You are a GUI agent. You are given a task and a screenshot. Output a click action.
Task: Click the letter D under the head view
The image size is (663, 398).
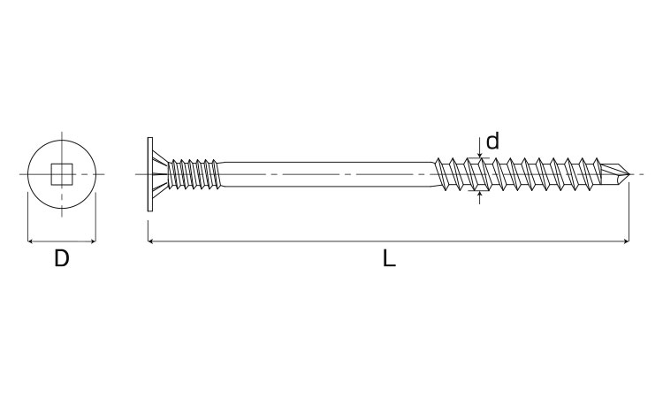click(62, 258)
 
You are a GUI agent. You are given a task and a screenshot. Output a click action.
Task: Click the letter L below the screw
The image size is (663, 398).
click(389, 258)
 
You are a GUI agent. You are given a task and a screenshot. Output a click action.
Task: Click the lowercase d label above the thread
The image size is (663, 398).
click(492, 141)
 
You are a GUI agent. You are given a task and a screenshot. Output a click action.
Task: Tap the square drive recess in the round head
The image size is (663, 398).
click(62, 174)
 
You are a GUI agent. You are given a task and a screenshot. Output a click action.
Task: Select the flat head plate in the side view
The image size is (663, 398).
click(149, 174)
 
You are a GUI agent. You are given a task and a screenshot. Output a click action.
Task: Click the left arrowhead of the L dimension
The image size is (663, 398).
click(150, 241)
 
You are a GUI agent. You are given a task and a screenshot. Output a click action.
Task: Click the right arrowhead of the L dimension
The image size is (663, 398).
click(627, 241)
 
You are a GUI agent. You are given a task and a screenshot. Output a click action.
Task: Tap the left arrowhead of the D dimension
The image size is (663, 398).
click(30, 241)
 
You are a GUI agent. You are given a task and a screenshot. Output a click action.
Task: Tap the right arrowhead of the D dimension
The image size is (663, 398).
click(93, 241)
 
